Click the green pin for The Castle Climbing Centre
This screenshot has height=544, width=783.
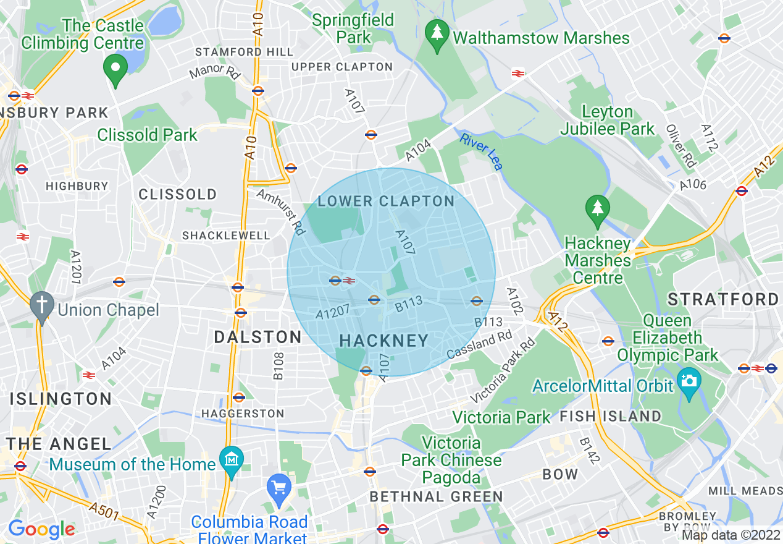114,68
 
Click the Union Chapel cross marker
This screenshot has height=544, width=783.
42,305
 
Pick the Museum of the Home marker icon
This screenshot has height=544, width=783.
232,461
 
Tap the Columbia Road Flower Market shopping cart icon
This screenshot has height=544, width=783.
278,488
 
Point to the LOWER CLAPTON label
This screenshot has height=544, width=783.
386,201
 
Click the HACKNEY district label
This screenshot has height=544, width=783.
383,341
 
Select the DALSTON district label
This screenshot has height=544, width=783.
258,337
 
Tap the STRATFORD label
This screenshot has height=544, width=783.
723,300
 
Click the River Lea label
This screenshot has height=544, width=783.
482,153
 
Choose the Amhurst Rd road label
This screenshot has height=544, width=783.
282,212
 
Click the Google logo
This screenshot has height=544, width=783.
41,529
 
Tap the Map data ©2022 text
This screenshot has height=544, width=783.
731,535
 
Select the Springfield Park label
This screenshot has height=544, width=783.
353,28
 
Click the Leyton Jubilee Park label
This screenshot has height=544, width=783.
608,121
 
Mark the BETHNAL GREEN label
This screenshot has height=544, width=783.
436,496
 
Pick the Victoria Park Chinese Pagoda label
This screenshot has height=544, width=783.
451,460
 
